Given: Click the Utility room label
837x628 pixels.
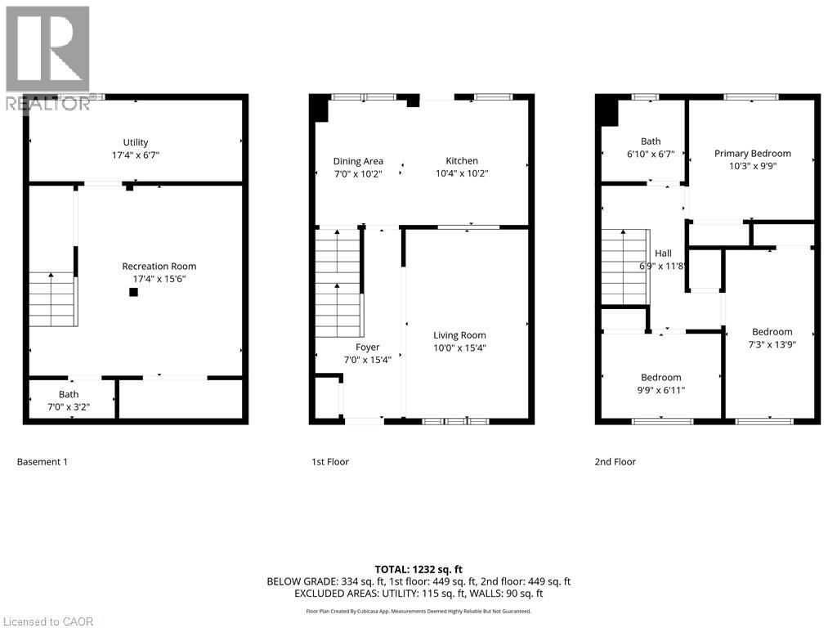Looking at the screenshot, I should (x=136, y=142).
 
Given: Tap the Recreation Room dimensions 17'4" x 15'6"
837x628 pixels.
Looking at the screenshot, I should (x=159, y=279).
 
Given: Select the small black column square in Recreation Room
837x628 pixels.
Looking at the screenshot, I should (x=133, y=292).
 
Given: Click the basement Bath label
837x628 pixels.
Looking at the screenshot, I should (x=69, y=394).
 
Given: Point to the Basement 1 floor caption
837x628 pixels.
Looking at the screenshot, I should (x=43, y=462).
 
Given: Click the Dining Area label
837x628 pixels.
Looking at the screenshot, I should (x=357, y=161).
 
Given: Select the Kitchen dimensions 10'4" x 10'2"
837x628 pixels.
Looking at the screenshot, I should (x=462, y=173).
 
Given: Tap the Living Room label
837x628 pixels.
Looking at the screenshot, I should (x=459, y=334).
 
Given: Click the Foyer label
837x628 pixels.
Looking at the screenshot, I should (x=367, y=348).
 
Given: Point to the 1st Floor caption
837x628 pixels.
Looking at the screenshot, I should (x=329, y=462).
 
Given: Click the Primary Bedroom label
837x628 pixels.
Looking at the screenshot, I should (x=752, y=153).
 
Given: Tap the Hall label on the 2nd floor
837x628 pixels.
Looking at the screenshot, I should (x=663, y=253).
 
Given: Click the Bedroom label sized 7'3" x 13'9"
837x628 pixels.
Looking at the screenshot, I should (x=772, y=331).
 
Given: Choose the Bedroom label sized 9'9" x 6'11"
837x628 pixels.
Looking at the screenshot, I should (x=660, y=377).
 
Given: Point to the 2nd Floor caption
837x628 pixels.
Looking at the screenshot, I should (x=615, y=462).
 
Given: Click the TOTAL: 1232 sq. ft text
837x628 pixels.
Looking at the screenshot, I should (x=418, y=568).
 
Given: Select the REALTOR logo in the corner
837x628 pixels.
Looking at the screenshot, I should (x=47, y=57).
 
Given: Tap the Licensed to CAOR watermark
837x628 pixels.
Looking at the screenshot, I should (x=47, y=621).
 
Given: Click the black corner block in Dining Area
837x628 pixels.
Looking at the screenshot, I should (x=319, y=109).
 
